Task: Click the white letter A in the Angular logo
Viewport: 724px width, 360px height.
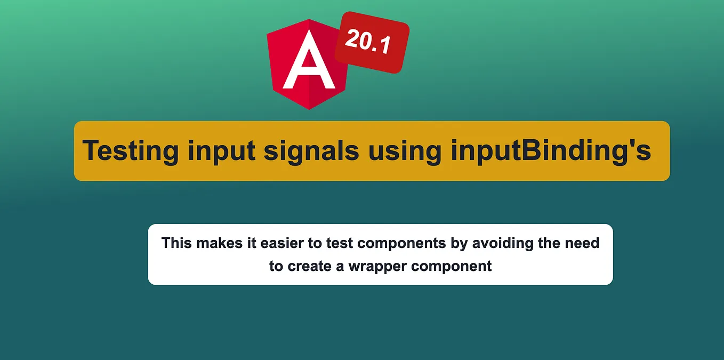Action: click(309, 63)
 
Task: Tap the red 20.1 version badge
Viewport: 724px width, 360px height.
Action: click(372, 42)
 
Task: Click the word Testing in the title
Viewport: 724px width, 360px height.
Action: click(130, 150)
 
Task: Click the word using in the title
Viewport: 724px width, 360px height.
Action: click(405, 151)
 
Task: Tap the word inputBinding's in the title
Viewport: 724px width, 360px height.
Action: click(551, 151)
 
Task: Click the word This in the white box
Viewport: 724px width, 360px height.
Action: click(176, 243)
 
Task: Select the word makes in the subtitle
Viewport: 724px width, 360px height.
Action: click(216, 243)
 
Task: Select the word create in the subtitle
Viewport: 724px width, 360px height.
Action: click(310, 266)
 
